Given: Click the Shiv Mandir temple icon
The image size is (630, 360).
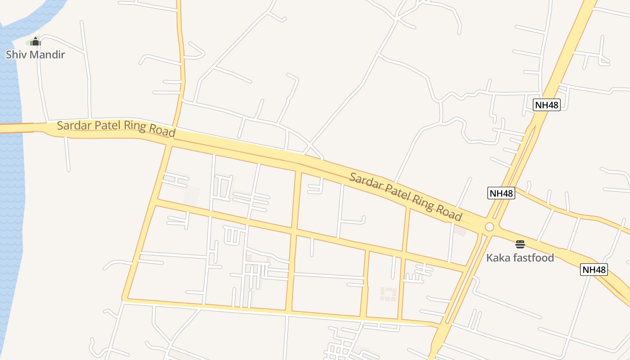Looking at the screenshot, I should [36, 42].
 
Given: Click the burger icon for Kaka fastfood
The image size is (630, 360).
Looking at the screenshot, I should [520, 244].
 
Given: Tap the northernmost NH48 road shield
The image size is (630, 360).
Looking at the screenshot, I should [547, 105].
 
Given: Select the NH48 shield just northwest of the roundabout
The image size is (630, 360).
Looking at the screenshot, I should [501, 193].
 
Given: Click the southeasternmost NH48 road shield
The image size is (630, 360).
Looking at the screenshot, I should [594, 270].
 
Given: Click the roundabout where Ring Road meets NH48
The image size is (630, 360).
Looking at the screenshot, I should [489, 227].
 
